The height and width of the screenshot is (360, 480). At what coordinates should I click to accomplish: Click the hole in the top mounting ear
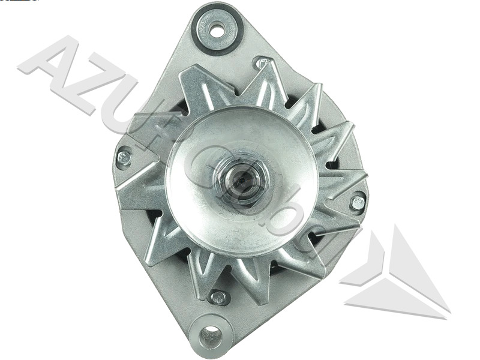[217, 28]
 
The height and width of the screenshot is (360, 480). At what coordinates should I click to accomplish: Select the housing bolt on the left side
[124, 158]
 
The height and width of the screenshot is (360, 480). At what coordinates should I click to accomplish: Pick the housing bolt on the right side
[358, 202]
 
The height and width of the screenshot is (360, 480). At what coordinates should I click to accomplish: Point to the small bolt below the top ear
[261, 62]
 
